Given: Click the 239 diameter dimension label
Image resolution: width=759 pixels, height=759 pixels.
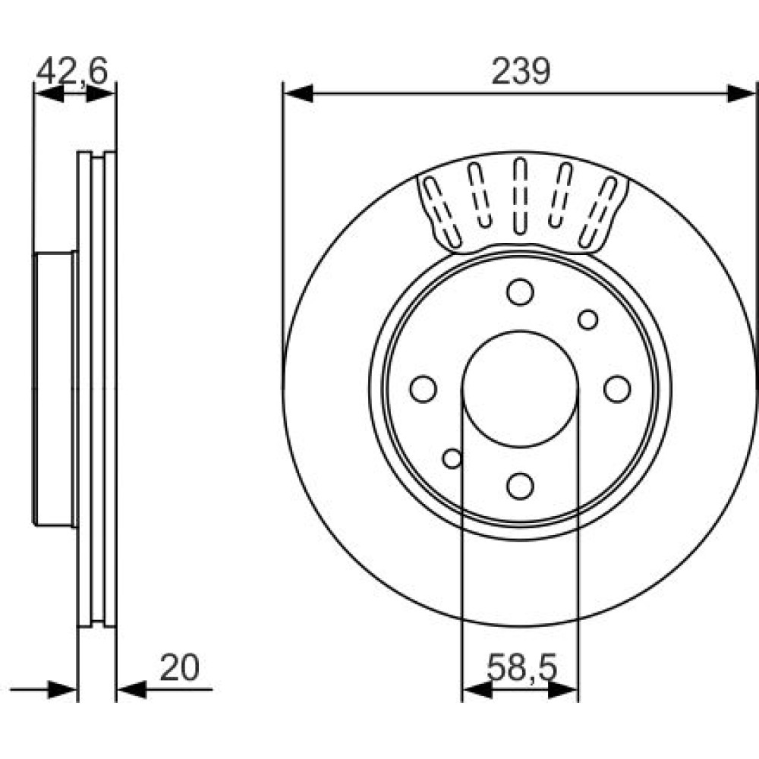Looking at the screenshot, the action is (521, 71).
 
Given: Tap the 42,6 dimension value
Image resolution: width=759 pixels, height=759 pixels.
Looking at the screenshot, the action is (71, 71).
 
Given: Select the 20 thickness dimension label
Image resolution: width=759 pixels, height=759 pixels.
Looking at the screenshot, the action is (179, 668).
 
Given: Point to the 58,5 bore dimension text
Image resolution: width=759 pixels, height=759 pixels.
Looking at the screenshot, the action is (522, 667).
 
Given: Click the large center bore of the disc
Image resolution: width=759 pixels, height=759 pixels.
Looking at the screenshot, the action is (521, 389).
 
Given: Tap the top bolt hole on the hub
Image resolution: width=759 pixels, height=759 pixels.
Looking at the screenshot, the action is (521, 292).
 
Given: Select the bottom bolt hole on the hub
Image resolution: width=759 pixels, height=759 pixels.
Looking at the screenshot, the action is (521, 486).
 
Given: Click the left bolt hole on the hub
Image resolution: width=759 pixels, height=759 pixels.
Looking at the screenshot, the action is (423, 389).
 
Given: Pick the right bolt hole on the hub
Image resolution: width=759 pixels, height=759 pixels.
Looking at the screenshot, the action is (618, 389).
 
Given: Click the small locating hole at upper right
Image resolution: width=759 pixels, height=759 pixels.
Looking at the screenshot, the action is (588, 320).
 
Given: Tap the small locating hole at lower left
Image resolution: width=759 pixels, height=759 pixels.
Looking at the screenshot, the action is (452, 458).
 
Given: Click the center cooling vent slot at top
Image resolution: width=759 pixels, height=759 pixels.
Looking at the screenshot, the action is (521, 196).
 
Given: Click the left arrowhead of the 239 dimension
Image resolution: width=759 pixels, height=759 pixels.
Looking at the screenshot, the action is (298, 93).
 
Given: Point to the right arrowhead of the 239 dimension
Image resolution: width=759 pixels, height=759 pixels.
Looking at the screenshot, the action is (742, 93).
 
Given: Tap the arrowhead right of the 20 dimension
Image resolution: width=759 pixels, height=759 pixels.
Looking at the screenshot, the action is (132, 689).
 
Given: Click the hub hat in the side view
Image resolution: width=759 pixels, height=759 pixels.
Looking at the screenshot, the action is (54, 389).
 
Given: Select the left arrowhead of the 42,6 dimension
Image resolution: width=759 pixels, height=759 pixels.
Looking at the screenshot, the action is (49, 93).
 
